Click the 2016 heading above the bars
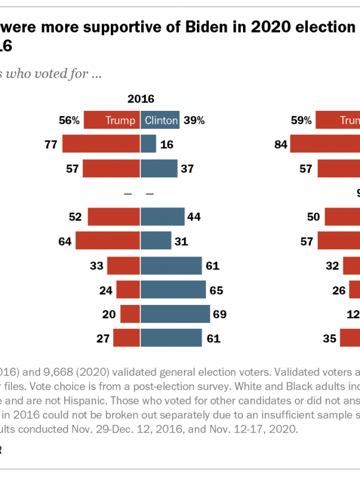[x=141, y=99]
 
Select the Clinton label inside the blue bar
[x=161, y=120]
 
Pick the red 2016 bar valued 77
[x=101, y=145]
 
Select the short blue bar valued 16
[x=148, y=145]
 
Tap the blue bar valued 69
[x=175, y=314]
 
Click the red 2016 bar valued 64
[x=107, y=241]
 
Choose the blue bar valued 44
[x=163, y=217]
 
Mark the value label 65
[x=217, y=290]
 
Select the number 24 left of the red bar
[x=107, y=290]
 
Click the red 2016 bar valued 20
[x=130, y=314]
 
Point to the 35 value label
[x=330, y=338]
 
